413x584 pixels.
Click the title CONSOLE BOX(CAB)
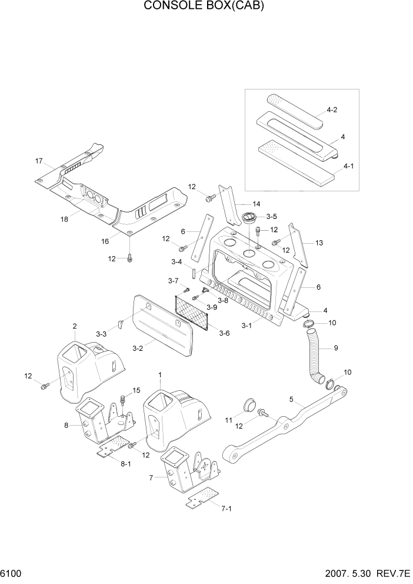(x=206, y=6)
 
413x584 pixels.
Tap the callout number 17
(x=39, y=161)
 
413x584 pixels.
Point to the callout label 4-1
(x=348, y=166)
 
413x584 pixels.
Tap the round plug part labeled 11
(x=249, y=405)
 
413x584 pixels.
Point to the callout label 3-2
(x=138, y=349)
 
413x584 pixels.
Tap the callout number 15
(x=136, y=390)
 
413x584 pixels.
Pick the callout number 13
(x=319, y=243)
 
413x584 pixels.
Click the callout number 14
(x=239, y=203)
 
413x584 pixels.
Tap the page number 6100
(x=12, y=573)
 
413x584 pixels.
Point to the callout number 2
(x=75, y=326)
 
